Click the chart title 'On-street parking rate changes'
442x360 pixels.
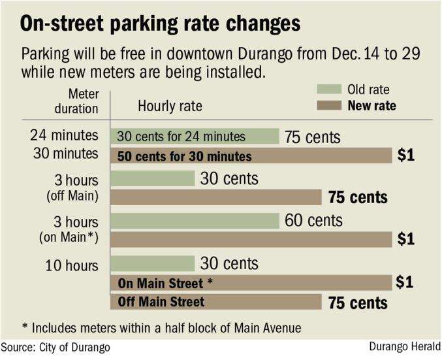coord(161,24)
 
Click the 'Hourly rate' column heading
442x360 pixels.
coord(170,106)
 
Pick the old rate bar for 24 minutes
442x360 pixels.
coord(195,137)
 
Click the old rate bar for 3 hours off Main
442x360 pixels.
coord(153,178)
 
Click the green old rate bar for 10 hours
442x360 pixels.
coord(153,263)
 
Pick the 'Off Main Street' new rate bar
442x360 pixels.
coord(216,302)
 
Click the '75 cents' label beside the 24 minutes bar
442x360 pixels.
coord(312,137)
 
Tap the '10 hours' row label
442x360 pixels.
coord(72,266)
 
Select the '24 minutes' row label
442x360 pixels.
coord(64,137)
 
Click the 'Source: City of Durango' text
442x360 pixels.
coord(55,347)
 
